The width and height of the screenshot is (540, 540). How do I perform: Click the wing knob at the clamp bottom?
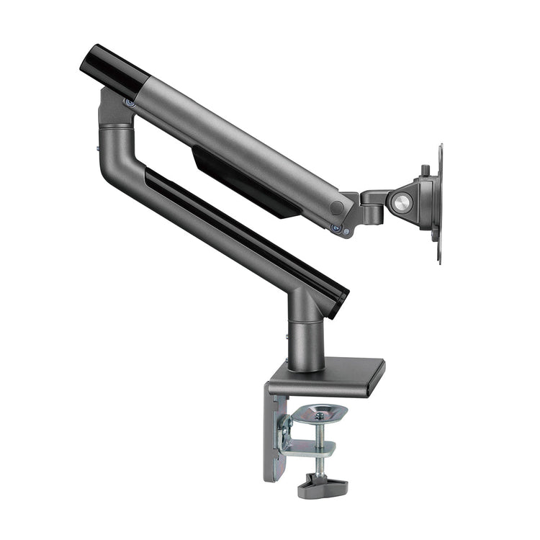click(322, 487)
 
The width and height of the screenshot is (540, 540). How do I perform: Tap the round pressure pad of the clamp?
click(321, 413)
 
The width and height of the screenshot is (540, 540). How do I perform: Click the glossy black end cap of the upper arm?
click(112, 64)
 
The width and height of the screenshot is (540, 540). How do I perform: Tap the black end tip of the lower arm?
click(338, 299)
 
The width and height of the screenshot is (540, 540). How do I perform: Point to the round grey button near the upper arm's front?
click(336, 208)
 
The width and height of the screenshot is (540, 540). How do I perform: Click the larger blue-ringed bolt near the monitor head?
click(336, 228)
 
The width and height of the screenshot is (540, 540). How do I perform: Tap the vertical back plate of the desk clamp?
click(274, 439)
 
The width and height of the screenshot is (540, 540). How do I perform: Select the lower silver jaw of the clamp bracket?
click(310, 450)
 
